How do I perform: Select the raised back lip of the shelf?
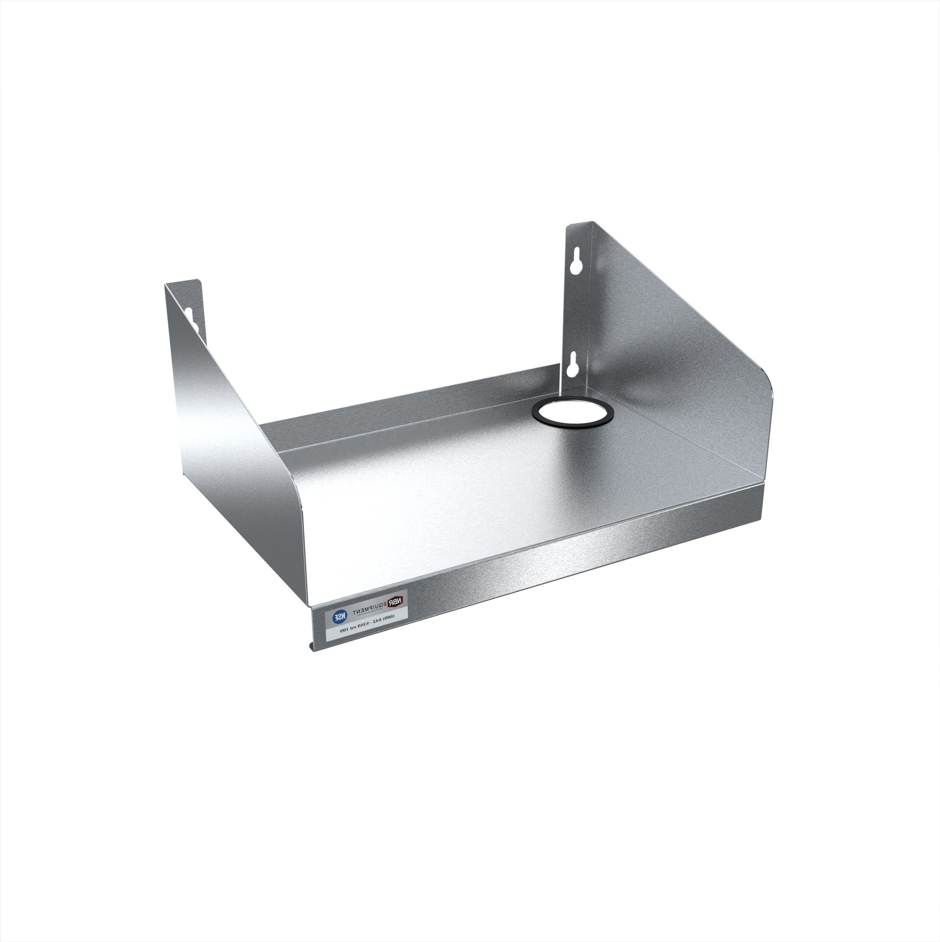pyautogui.click(x=392, y=416)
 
